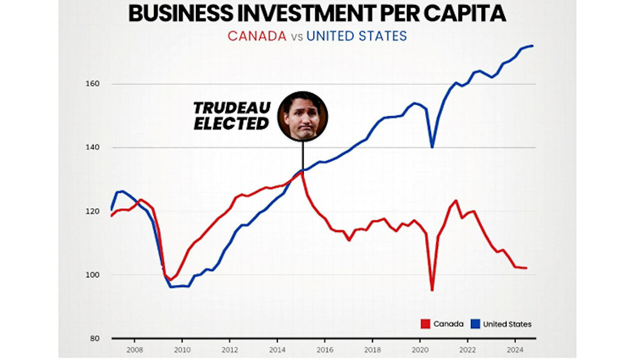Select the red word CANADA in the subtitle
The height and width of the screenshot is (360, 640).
[257, 36]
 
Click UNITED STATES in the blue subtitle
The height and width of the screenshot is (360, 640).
[356, 36]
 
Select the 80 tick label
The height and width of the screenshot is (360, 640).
[95, 338]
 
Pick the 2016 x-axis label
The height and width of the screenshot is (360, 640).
[325, 349]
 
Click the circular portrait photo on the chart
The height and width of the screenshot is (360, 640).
[302, 115]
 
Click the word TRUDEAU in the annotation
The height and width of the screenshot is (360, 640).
[232, 107]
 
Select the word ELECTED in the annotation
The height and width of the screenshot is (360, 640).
[231, 123]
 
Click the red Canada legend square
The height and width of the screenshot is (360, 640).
[425, 324]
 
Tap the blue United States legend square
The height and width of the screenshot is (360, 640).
[475, 324]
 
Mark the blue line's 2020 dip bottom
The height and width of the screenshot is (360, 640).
[432, 146]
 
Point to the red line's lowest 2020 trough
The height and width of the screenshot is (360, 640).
[432, 289]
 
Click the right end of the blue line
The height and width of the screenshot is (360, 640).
[533, 46]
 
